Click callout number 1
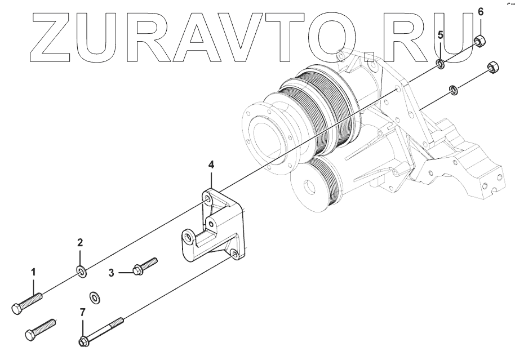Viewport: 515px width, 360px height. coord(33,272)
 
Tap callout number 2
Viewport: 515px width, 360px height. coord(80,243)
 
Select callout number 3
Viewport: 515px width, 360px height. coord(112,273)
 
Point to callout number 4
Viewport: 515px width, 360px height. coord(211,165)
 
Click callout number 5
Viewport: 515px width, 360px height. coord(441,34)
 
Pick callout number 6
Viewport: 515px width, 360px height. coord(481,11)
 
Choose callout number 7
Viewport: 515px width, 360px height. coord(83,312)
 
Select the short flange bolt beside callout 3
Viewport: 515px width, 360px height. coord(144,266)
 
